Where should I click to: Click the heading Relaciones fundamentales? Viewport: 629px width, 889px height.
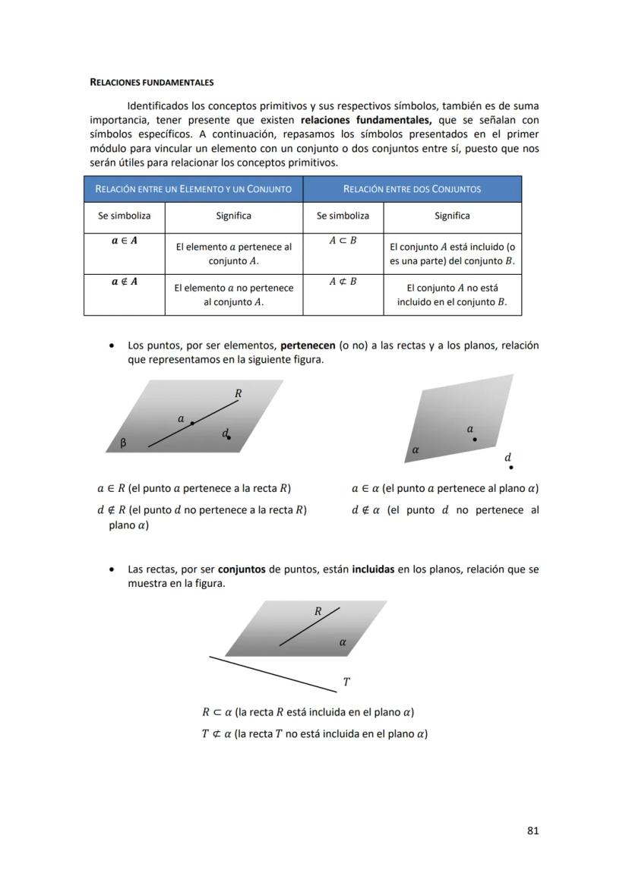click(151, 82)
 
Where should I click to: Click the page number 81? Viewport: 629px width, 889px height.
click(533, 831)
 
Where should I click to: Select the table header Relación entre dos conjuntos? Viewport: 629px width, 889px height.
click(412, 189)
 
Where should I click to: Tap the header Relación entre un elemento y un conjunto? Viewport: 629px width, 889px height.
click(193, 189)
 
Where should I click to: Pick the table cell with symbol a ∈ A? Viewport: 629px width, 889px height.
click(124, 240)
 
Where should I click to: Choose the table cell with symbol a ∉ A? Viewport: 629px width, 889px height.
click(124, 282)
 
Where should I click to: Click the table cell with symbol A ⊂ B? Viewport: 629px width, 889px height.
click(343, 240)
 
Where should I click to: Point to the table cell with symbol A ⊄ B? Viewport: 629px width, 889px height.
click(343, 282)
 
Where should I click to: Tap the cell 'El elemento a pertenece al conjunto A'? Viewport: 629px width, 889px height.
click(233, 254)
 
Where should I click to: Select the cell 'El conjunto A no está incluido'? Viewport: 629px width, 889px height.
click(452, 295)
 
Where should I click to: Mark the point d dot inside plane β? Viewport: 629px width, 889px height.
click(229, 437)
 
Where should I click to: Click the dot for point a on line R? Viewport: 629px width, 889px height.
click(192, 423)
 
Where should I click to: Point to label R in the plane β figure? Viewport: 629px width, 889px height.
click(238, 393)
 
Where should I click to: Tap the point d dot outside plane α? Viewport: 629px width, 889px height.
click(511, 468)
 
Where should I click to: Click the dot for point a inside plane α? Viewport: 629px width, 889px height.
click(475, 440)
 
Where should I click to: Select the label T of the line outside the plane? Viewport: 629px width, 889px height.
click(346, 682)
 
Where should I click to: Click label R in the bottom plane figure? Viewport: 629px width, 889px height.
click(318, 610)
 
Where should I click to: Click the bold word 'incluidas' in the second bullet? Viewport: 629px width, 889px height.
click(373, 569)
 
